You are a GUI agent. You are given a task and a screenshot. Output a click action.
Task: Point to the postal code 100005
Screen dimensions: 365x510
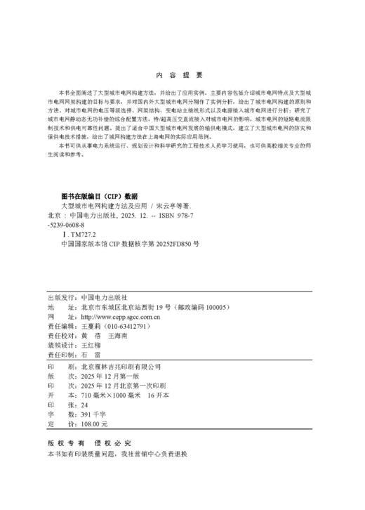(215, 307)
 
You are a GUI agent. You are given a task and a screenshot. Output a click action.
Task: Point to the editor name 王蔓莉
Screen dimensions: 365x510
(92, 327)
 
